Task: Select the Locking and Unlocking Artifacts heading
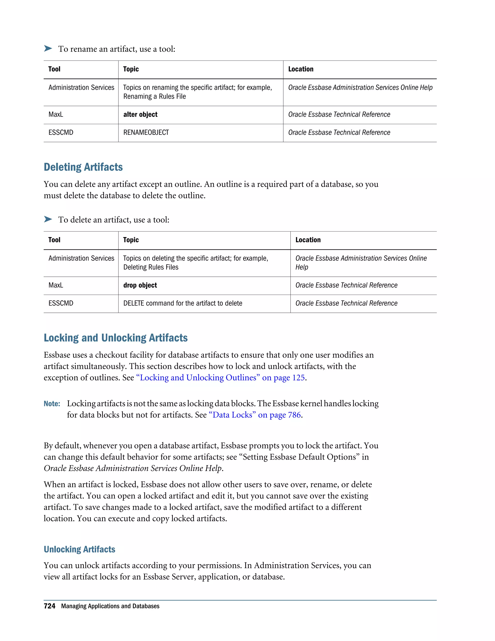pos(116,338)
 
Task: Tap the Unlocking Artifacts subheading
pos(80,549)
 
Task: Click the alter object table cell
pos(140,114)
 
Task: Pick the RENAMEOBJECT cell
pos(146,133)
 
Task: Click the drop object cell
pos(140,285)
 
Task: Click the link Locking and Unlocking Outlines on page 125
pos(220,378)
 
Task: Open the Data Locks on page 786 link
pos(255,415)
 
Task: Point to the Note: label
pos(52,404)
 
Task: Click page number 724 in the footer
pos(49,606)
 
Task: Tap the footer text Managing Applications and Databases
pos(110,606)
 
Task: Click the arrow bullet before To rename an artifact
pos(48,48)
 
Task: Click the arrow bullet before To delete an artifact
pos(48,219)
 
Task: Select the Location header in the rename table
pos(301,69)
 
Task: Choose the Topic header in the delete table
pos(131,240)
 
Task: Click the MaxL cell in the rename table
pos(56,114)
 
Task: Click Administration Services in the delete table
pos(81,258)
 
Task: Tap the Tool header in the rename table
pos(54,69)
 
